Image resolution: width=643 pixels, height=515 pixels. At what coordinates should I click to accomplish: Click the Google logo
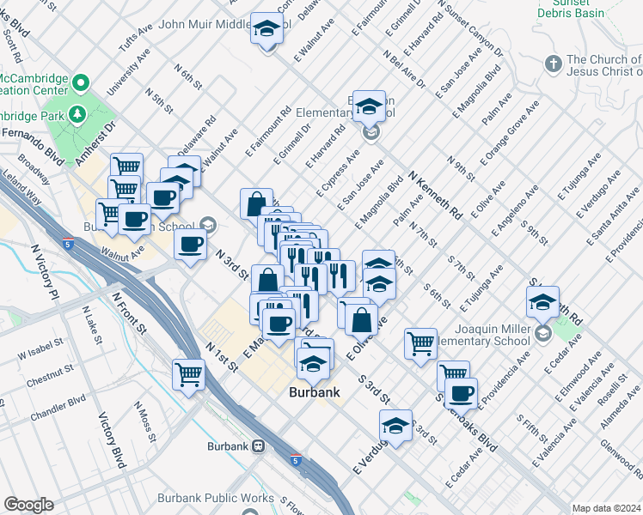click(x=29, y=505)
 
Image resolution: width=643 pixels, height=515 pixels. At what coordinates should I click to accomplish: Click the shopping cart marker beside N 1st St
click(x=188, y=373)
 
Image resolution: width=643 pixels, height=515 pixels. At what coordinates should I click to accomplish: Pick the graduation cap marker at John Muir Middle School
click(x=266, y=29)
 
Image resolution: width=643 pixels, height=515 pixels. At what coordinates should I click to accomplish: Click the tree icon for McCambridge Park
click(x=77, y=113)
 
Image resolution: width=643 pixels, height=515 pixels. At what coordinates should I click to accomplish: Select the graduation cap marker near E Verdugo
click(x=395, y=425)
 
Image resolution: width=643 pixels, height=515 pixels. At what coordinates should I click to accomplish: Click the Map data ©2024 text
click(x=606, y=508)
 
